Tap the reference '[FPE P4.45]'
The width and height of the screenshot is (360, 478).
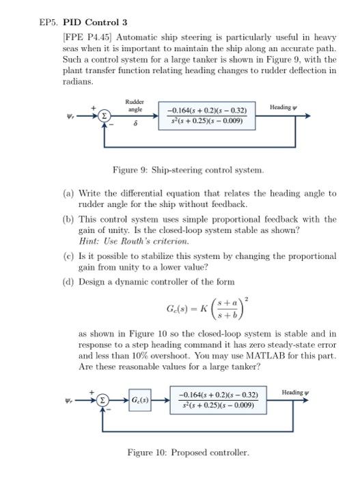click(x=85, y=35)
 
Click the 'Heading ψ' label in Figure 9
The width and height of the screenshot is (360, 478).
click(x=284, y=108)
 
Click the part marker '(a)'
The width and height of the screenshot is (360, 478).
click(x=66, y=193)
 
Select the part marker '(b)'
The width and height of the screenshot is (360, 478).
click(x=66, y=219)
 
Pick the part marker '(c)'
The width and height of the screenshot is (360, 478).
click(x=66, y=256)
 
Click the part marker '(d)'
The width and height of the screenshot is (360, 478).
click(x=66, y=282)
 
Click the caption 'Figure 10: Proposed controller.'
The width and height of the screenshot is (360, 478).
click(x=189, y=452)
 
